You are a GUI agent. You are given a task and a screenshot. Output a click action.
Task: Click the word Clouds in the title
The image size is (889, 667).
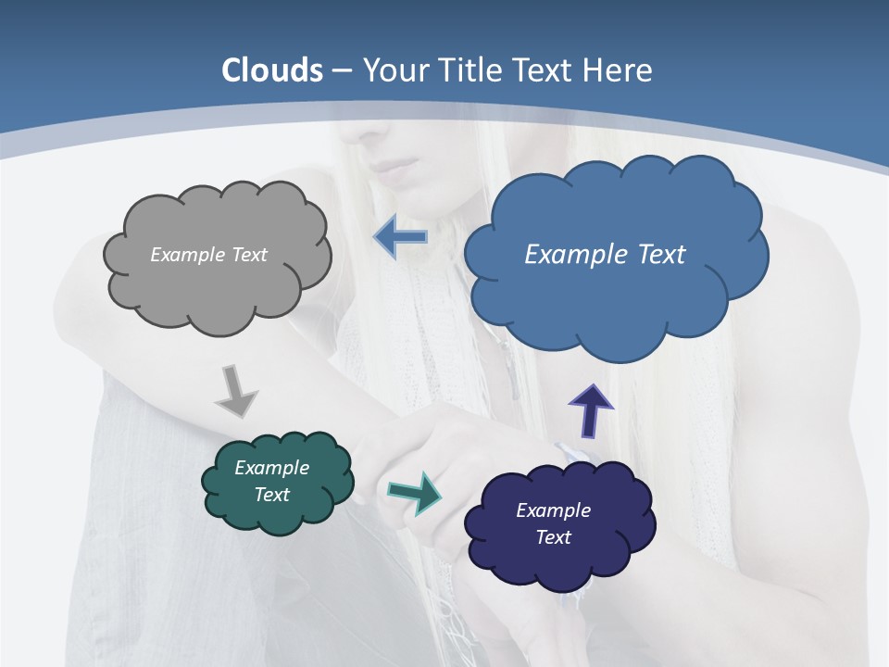tap(272, 70)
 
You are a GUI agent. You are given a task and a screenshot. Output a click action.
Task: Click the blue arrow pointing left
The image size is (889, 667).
tap(400, 237)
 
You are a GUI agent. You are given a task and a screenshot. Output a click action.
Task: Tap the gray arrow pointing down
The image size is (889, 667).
tap(236, 392)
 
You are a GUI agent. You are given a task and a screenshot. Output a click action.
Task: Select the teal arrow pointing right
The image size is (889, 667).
tap(415, 493)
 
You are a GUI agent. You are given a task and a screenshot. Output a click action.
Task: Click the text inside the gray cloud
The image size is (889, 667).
tap(208, 255)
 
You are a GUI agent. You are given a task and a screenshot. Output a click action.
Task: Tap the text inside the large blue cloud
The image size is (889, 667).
tap(605, 255)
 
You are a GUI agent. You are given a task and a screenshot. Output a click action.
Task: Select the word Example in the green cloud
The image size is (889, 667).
tap(271, 468)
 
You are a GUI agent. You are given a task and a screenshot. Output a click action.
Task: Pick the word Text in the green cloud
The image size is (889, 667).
tap(271, 495)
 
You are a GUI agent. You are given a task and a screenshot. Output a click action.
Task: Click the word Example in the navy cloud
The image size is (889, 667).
tap(553, 510)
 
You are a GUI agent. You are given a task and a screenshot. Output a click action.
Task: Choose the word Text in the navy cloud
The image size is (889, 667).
tap(553, 537)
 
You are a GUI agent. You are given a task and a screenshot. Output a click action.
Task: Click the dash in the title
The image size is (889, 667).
tap(342, 71)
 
